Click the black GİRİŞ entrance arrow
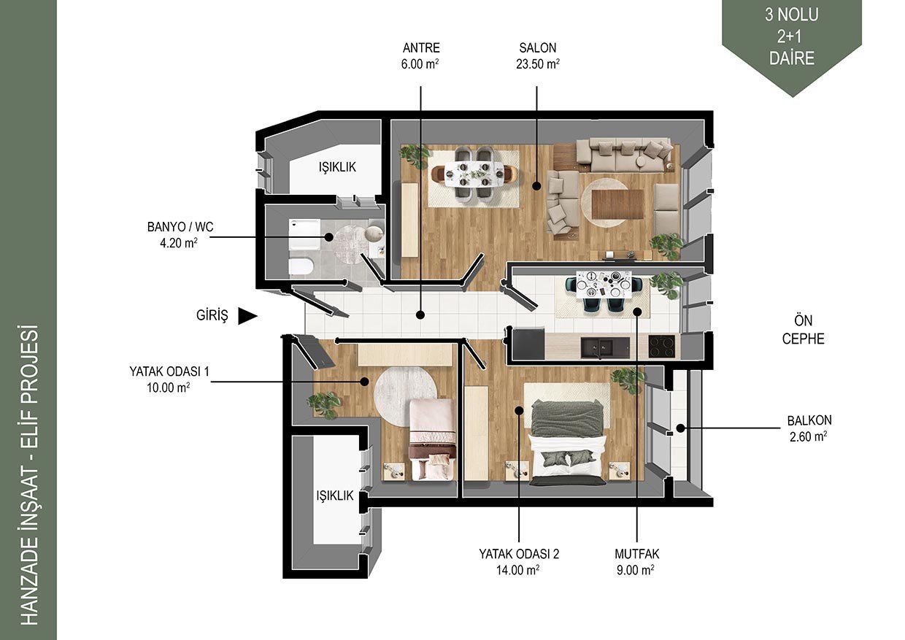(247, 316)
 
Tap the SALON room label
(537, 47)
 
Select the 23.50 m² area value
(537, 63)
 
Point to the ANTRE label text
(421, 47)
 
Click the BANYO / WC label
(180, 227)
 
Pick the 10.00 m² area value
(168, 388)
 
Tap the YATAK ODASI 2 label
(519, 554)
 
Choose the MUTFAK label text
(636, 554)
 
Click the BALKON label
(809, 420)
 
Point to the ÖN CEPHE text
(803, 330)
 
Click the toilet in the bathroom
(301, 266)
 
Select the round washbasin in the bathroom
(374, 233)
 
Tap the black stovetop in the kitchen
(662, 346)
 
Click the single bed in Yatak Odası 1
(433, 439)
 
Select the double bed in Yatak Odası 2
(569, 442)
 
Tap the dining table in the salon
(474, 174)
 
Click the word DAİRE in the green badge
(791, 58)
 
